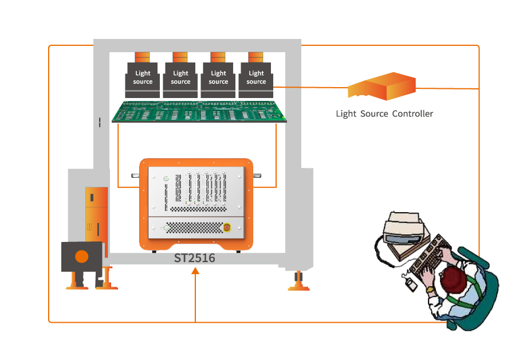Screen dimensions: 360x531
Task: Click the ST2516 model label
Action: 195,258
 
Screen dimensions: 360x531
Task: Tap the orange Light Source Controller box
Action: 381,87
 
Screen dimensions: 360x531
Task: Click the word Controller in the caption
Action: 412,114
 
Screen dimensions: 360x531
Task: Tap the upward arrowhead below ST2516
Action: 195,271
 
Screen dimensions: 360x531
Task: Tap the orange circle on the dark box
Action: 82,256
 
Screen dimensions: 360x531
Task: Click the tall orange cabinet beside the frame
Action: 96,212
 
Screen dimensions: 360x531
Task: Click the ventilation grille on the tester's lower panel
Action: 194,228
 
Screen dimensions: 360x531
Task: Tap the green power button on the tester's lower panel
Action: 166,228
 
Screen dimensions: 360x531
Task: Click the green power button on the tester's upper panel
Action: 166,179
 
